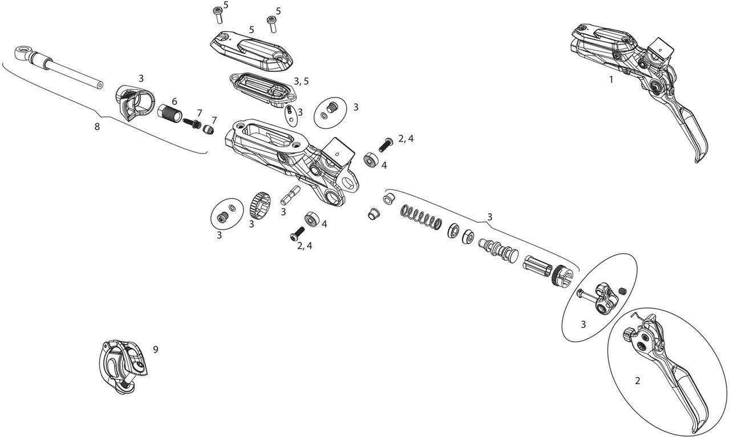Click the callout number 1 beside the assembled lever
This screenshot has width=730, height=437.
[x=611, y=80]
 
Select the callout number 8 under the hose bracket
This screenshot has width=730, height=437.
[x=97, y=126]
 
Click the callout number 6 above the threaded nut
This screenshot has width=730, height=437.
[x=175, y=101]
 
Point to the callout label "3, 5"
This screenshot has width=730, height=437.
[x=301, y=81]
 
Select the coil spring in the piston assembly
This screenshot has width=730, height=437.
[x=422, y=217]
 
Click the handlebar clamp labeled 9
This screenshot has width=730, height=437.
[x=123, y=365]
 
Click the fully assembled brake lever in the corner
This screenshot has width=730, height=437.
[x=639, y=74]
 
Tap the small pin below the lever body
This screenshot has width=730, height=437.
[x=290, y=196]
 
